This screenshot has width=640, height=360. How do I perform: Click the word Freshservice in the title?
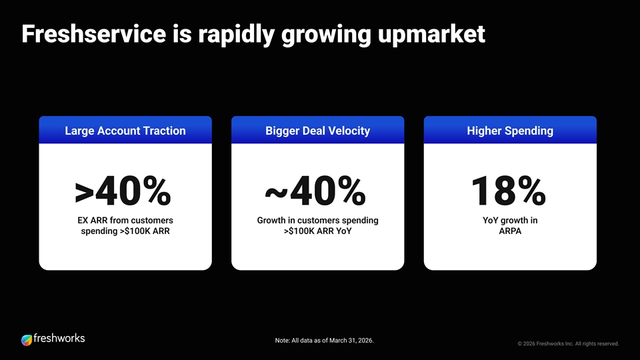(x=93, y=34)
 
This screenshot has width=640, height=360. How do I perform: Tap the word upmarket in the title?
(x=431, y=35)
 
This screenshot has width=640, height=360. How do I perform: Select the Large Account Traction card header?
(x=125, y=130)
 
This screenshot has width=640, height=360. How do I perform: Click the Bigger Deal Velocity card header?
(x=317, y=130)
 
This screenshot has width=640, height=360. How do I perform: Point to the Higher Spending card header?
(x=510, y=130)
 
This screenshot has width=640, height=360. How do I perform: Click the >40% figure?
(x=123, y=191)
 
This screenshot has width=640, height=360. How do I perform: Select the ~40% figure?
(x=315, y=191)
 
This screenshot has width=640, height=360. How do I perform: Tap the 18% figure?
(x=509, y=191)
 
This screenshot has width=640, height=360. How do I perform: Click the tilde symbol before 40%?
(x=276, y=192)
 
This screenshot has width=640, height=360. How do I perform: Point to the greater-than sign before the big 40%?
(x=85, y=193)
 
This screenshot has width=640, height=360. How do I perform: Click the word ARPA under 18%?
(x=510, y=231)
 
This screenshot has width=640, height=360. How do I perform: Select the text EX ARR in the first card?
(x=93, y=221)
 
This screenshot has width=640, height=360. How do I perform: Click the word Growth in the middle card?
(x=272, y=221)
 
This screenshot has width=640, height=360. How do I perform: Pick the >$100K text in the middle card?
(x=296, y=231)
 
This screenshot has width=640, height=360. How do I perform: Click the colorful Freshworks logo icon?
(x=27, y=339)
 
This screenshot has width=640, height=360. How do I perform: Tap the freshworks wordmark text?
(x=59, y=339)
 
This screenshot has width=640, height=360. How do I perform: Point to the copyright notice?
(x=568, y=344)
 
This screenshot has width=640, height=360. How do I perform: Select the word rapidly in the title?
(x=236, y=35)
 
